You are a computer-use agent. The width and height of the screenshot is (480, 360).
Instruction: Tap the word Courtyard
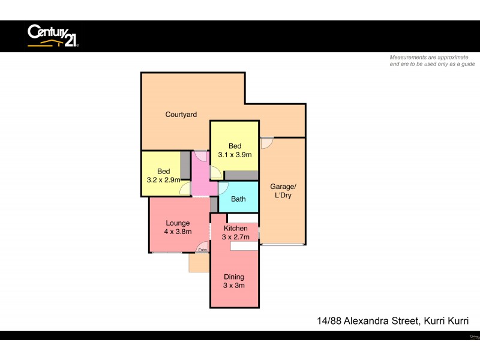(x=181, y=115)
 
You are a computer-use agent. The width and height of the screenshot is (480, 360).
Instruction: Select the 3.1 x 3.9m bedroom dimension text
(x=235, y=155)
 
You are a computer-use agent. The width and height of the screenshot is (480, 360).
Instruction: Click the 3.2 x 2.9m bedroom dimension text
(x=164, y=179)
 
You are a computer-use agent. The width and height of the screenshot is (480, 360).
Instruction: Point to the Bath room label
(x=238, y=199)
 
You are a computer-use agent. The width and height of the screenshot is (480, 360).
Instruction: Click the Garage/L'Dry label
(x=282, y=191)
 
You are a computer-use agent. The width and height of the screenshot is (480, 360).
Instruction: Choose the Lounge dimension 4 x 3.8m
(x=178, y=232)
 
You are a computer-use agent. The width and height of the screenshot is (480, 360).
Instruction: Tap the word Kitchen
(x=235, y=229)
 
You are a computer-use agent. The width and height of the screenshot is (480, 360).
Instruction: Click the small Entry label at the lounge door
(x=203, y=250)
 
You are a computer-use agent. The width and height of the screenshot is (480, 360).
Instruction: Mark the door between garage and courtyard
(x=267, y=143)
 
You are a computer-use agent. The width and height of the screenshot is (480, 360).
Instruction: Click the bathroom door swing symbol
(x=223, y=188)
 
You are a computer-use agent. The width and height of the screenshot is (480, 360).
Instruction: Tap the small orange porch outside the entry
(x=199, y=263)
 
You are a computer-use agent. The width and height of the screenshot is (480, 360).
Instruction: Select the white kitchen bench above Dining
(x=243, y=246)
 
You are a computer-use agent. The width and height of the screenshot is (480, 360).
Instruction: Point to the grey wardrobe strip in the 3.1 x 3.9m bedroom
(x=241, y=175)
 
